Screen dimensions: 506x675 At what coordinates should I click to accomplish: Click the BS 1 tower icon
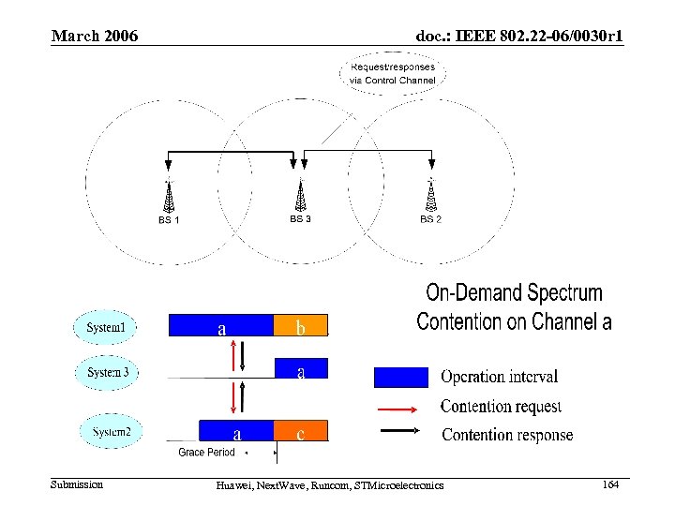point(169,196)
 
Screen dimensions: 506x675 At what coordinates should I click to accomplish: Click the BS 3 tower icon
point(300,195)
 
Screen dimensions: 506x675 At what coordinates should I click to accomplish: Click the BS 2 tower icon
point(430,195)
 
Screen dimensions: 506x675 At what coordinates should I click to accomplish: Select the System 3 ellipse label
point(108,372)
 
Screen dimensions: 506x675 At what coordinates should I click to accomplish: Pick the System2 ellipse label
point(117,432)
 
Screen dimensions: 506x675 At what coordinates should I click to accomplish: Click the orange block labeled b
point(300,326)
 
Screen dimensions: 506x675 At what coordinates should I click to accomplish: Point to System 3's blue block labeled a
point(300,371)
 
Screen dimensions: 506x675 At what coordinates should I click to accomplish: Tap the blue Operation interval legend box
point(401,377)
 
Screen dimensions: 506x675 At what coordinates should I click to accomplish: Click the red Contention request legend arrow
point(401,408)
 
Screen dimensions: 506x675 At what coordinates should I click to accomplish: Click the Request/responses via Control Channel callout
point(392,73)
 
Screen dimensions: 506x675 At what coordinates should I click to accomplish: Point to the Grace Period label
point(206,453)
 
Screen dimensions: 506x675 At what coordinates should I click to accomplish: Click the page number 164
point(610,484)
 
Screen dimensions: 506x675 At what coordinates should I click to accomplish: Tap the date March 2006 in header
point(95,37)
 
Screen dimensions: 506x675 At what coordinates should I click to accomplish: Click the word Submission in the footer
point(77,484)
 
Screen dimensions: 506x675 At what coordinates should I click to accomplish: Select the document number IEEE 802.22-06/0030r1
point(519,37)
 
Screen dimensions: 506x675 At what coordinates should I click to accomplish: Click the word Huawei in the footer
point(233,484)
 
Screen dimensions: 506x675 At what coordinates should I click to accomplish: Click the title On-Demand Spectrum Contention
point(514,307)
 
